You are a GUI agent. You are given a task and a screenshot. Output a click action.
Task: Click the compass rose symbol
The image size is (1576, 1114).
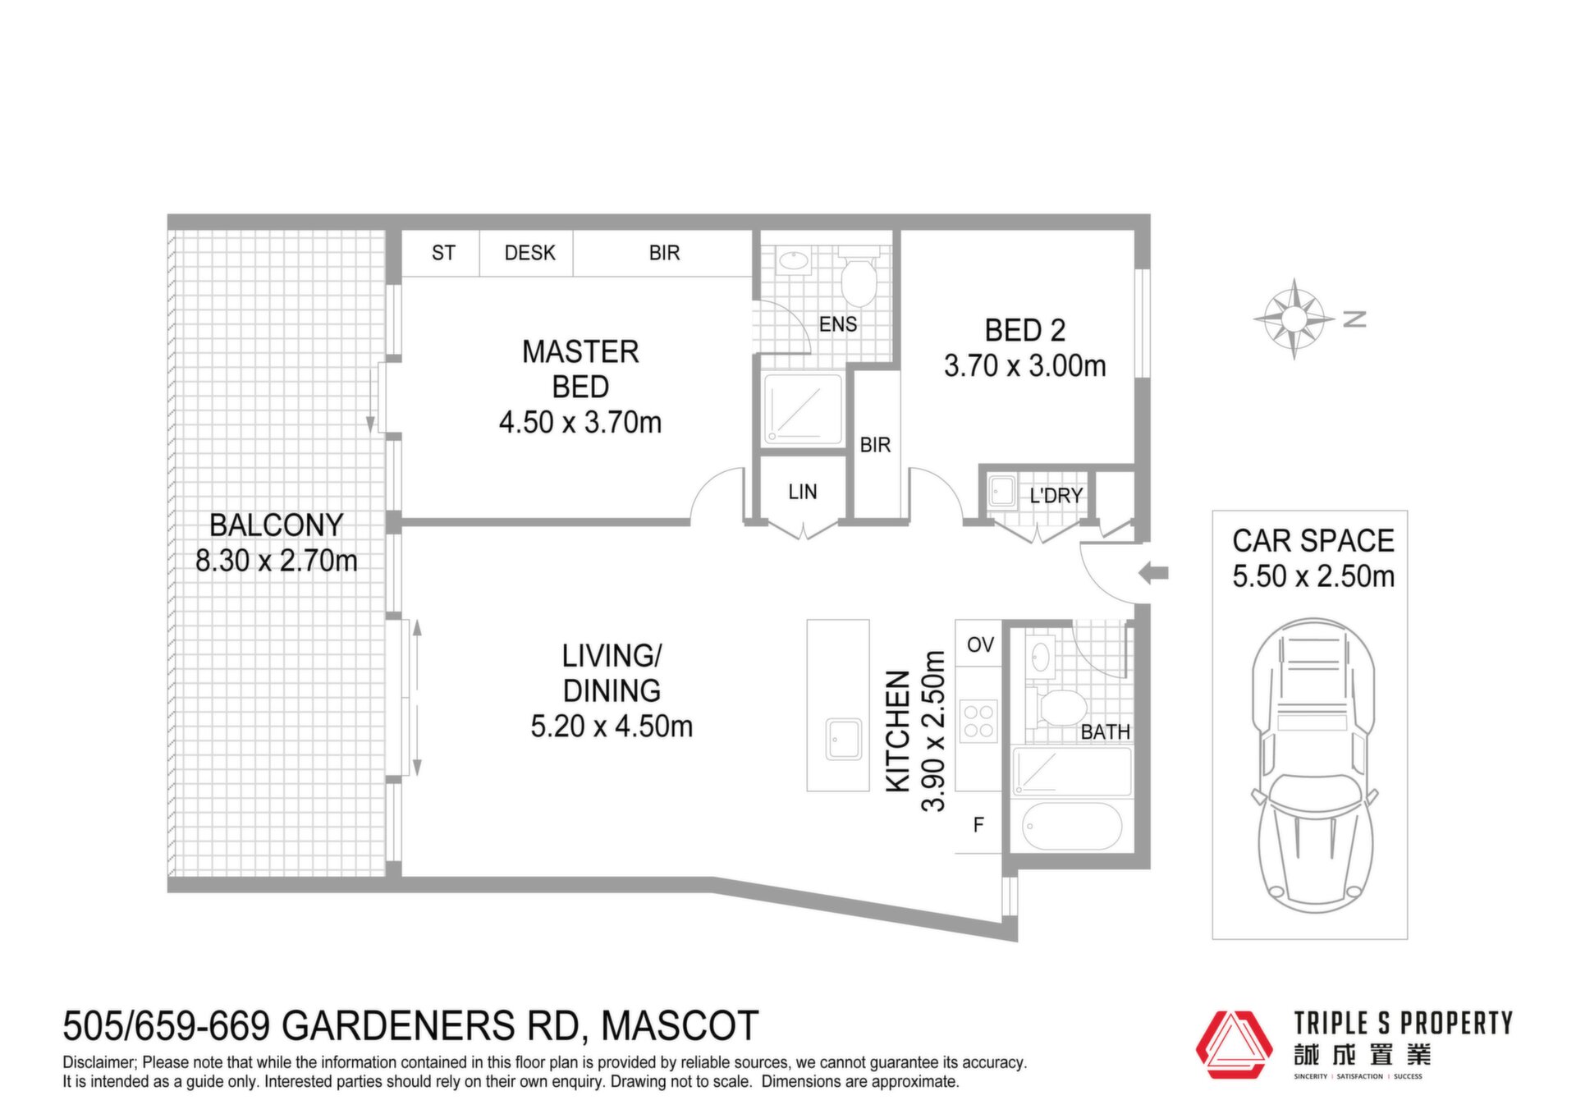point(1294,319)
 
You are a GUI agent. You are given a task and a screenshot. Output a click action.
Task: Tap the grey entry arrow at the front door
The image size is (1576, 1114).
point(1153,573)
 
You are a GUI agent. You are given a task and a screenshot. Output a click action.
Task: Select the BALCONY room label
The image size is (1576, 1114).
point(276,525)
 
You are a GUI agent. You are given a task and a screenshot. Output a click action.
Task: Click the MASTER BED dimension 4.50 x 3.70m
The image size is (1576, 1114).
point(580,422)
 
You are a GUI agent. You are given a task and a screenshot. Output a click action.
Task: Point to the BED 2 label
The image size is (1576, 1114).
point(1025,330)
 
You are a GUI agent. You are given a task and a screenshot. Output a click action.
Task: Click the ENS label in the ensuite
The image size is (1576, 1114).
point(838,324)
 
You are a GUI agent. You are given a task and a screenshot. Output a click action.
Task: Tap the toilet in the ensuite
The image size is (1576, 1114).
point(859,276)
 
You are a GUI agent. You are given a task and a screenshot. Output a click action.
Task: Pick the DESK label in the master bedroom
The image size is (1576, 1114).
point(529,253)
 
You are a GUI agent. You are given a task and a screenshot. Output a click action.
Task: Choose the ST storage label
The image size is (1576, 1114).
point(443,253)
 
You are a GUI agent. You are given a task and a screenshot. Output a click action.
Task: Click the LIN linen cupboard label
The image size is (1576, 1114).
point(803,492)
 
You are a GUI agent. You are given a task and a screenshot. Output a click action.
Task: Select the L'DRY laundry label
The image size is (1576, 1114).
point(1056,496)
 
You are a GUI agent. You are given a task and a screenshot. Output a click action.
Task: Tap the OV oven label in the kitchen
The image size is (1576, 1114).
point(980,644)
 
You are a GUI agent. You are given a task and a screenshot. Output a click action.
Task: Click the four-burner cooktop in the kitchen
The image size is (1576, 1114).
point(978,721)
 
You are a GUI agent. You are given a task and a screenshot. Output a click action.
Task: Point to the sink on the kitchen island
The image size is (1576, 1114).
point(843,739)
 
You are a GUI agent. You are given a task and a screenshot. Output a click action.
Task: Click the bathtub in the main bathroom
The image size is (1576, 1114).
point(1071,827)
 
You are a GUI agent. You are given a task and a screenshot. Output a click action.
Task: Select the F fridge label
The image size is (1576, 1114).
point(978,825)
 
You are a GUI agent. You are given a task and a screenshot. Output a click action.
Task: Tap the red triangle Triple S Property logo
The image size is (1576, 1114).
point(1234,1044)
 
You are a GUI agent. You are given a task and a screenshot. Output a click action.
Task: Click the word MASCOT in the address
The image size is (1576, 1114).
point(680,1026)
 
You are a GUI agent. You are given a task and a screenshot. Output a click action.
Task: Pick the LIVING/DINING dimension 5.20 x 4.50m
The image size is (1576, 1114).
point(612,726)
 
